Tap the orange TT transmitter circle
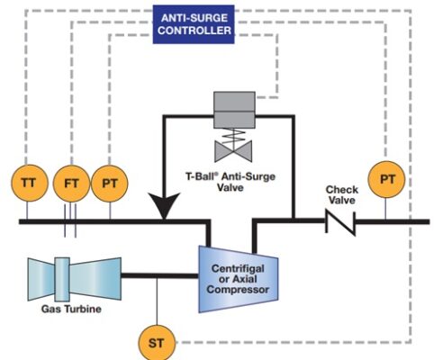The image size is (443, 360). (x=27, y=183)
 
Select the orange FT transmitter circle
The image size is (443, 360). (x=70, y=183)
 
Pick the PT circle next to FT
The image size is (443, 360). (x=111, y=183)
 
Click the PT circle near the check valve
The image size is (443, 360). (x=387, y=180)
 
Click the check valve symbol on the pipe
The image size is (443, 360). (x=341, y=220)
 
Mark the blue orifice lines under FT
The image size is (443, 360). (x=70, y=224)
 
